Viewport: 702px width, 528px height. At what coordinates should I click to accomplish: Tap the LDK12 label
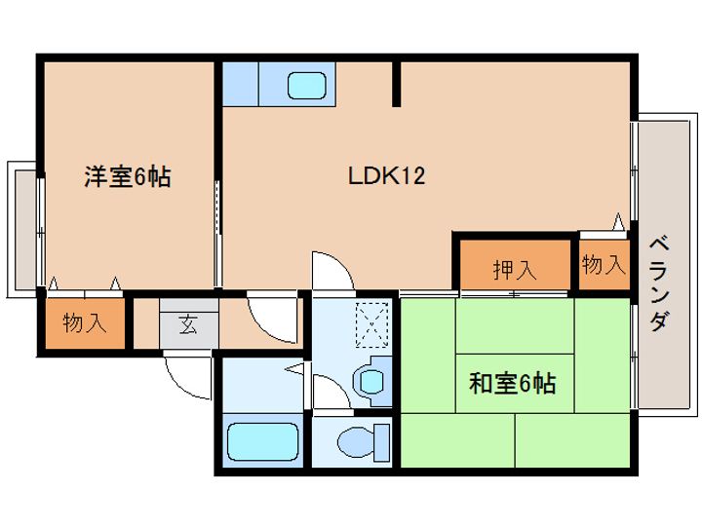coord(386,176)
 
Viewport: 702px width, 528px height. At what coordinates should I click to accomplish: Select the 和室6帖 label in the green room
coord(512,383)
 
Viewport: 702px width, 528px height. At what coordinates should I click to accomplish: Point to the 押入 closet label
coord(513,269)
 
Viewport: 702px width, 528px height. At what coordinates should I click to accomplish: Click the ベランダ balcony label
coord(658,282)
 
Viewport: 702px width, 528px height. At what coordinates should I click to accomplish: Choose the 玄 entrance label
coord(187,324)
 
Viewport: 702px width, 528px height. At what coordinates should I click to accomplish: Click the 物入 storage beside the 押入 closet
coord(603,264)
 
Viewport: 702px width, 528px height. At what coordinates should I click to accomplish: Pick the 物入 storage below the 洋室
coord(84,323)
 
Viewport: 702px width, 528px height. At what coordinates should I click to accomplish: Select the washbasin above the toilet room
coord(371,378)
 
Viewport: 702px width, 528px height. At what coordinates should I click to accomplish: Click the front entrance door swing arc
coord(187,374)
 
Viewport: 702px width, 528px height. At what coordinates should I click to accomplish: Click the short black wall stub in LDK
coord(396,84)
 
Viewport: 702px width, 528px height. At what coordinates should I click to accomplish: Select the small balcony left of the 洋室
coord(21,229)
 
